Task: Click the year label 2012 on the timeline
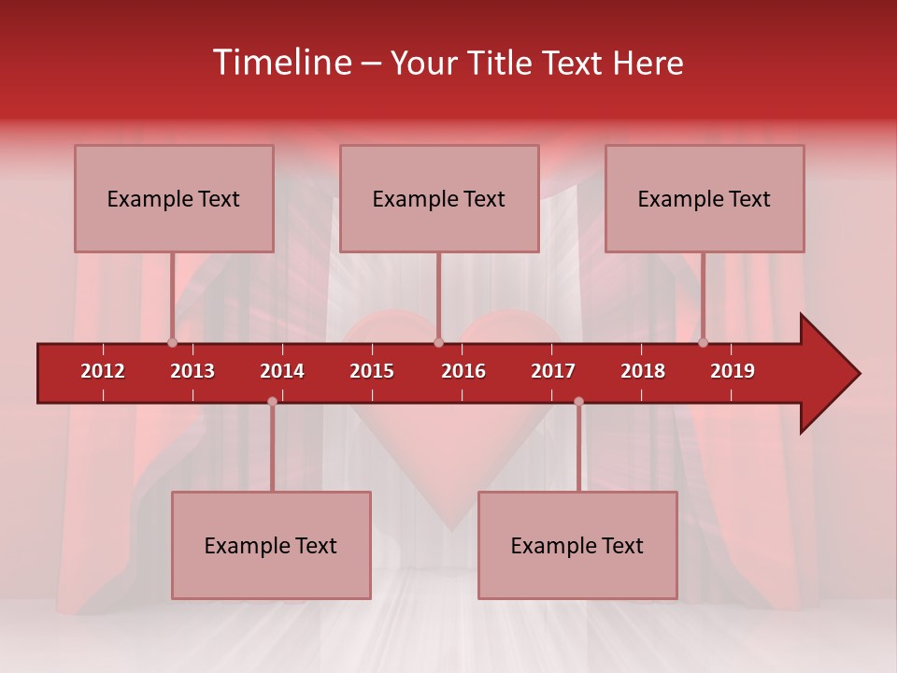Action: pyautogui.click(x=103, y=371)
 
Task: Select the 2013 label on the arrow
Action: pyautogui.click(x=192, y=371)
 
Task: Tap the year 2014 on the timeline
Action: pyautogui.click(x=282, y=371)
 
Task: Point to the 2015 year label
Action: pyautogui.click(x=372, y=371)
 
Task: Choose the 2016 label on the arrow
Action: pyautogui.click(x=463, y=371)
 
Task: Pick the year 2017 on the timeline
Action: pyautogui.click(x=553, y=371)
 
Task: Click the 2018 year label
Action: pyautogui.click(x=643, y=371)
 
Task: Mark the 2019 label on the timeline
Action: pyautogui.click(x=733, y=371)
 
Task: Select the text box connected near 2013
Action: pyautogui.click(x=174, y=198)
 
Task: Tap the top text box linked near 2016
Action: pyautogui.click(x=439, y=198)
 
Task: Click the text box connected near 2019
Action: pyautogui.click(x=705, y=198)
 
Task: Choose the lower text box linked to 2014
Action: pyautogui.click(x=271, y=545)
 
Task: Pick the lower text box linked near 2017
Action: pyautogui.click(x=577, y=545)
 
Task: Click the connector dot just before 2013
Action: pyautogui.click(x=172, y=342)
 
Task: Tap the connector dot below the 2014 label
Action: pyautogui.click(x=272, y=401)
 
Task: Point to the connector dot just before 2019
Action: pyautogui.click(x=703, y=342)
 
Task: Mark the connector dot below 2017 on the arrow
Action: pyautogui.click(x=578, y=401)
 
